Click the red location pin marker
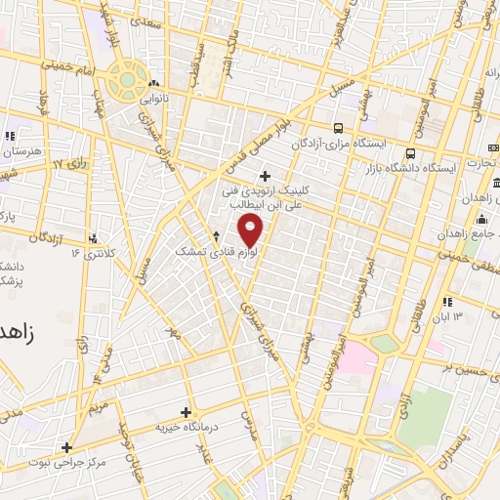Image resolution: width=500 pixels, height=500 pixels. click(251, 230)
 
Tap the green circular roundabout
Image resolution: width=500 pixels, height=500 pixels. click(125, 80)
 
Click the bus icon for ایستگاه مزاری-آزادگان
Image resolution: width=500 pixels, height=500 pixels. click(338, 127)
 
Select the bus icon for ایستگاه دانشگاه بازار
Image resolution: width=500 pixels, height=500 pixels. click(410, 153)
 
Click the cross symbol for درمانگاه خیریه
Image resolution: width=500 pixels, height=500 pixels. click(187, 413)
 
